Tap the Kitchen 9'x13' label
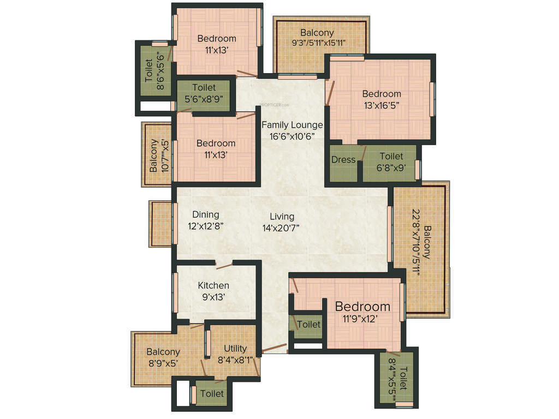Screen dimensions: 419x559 (x=213, y=291)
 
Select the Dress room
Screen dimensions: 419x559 (x=343, y=160)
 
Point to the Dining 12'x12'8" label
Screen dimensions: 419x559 (x=205, y=219)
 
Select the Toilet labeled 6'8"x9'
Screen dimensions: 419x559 (x=391, y=162)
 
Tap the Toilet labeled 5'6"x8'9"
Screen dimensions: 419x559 (x=204, y=93)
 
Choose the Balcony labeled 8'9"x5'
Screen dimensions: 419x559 (x=163, y=357)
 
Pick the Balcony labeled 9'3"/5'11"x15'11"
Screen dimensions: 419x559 (x=320, y=38)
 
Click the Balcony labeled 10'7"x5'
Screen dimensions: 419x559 (x=158, y=155)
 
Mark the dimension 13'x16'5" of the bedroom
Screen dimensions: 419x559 (x=382, y=105)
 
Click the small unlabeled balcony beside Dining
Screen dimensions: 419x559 (x=160, y=224)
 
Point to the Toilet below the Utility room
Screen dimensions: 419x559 (x=212, y=393)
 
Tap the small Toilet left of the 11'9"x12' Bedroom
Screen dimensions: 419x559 (x=309, y=324)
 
